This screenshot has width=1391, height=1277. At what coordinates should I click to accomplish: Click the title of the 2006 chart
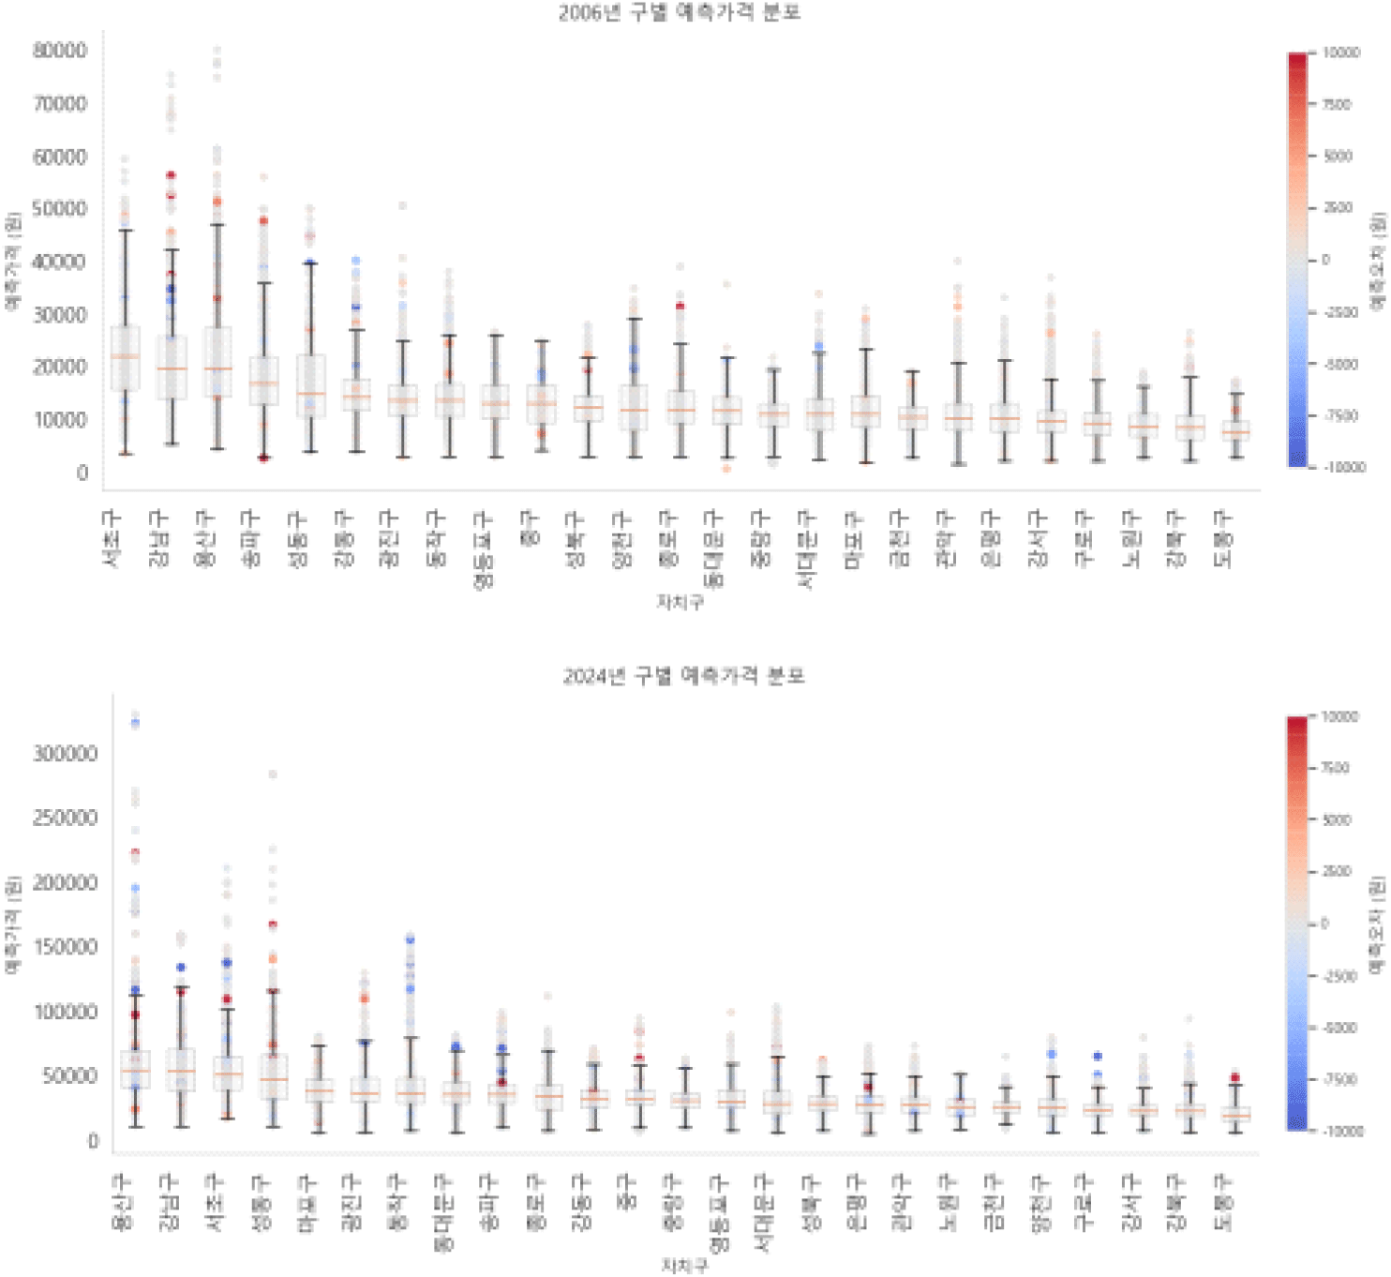(x=680, y=13)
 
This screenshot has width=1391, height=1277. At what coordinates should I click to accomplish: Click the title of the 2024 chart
(x=683, y=676)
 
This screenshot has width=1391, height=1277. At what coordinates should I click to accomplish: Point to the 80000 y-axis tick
(x=60, y=51)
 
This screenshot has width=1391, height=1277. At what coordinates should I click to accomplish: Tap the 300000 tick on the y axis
(x=66, y=754)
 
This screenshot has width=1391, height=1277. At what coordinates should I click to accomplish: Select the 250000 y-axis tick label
(x=66, y=819)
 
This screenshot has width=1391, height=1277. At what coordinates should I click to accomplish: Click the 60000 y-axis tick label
(x=60, y=157)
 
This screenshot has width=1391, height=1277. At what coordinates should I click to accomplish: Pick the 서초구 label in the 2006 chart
(x=112, y=539)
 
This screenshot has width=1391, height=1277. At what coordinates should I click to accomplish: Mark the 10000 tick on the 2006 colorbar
(x=1340, y=53)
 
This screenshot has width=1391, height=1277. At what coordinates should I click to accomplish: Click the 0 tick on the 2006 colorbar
(x=1325, y=260)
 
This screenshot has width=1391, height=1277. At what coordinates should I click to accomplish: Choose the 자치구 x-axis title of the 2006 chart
(x=681, y=603)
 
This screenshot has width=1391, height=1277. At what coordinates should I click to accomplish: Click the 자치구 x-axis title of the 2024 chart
(x=684, y=1266)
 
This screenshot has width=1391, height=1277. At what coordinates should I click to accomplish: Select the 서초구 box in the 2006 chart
(x=126, y=358)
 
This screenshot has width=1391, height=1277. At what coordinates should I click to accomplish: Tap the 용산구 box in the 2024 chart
(x=135, y=1070)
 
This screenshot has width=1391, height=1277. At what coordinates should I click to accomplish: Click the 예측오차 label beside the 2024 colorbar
(x=1376, y=924)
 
